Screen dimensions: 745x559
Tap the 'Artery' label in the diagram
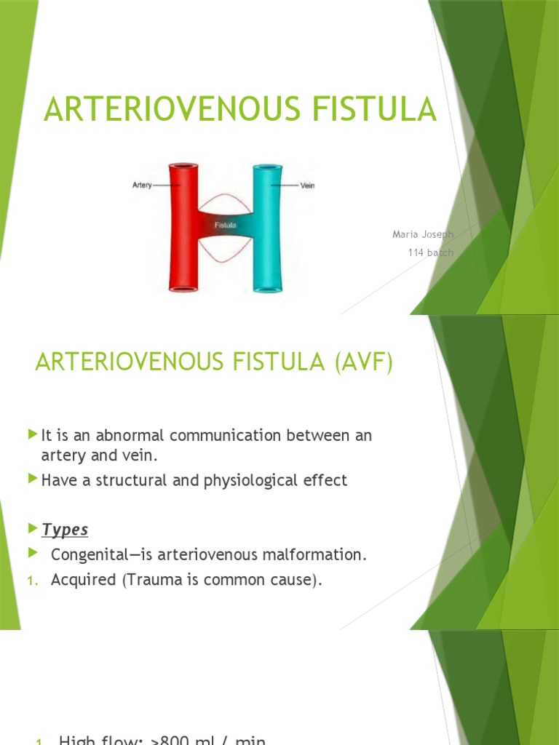click(x=142, y=186)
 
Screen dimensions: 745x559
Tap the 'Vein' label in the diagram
click(x=308, y=186)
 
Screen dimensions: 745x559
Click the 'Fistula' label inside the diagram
click(x=225, y=226)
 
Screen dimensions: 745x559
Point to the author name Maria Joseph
click(x=423, y=234)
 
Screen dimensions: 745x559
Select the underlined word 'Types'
click(x=66, y=530)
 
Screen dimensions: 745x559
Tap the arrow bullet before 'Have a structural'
click(x=32, y=479)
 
